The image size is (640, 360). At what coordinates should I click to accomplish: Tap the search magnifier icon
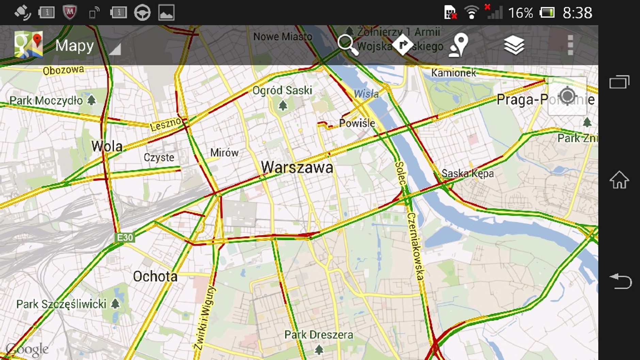point(348,45)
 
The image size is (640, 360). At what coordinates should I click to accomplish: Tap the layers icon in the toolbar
point(514,45)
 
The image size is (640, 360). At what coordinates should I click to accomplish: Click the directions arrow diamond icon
point(403,45)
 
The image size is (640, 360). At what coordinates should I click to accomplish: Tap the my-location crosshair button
point(567,96)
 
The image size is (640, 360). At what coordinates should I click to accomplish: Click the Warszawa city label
point(297,167)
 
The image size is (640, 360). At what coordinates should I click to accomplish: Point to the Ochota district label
point(155,276)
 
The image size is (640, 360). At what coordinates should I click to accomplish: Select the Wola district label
point(107,146)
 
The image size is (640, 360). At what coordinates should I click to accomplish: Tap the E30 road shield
point(125,237)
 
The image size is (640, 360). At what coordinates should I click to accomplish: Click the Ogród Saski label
point(282,91)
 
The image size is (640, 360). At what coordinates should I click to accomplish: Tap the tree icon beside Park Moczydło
point(91,100)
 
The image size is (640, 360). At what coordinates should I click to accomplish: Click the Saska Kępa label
point(467,174)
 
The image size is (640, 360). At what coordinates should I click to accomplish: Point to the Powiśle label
point(357,123)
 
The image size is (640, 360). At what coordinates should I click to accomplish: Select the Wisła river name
point(366,94)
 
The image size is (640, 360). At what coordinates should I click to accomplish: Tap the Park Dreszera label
point(319,335)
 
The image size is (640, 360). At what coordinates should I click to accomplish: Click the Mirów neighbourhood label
point(224,152)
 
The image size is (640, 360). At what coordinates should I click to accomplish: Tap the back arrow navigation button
point(620,281)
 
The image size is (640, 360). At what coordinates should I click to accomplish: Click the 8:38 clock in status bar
point(577,13)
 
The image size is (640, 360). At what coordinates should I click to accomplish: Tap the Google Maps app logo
point(29,45)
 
